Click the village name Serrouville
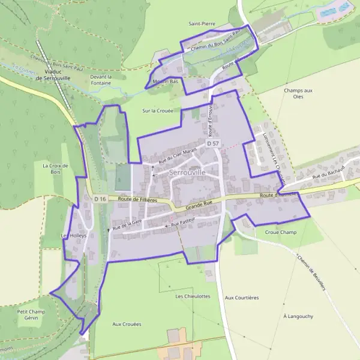(187, 172)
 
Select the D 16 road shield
(100, 199)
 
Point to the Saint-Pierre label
(202, 24)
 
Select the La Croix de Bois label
(56, 169)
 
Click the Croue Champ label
(280, 232)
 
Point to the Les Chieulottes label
(193, 296)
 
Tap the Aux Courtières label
(241, 298)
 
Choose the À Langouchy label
(298, 316)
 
